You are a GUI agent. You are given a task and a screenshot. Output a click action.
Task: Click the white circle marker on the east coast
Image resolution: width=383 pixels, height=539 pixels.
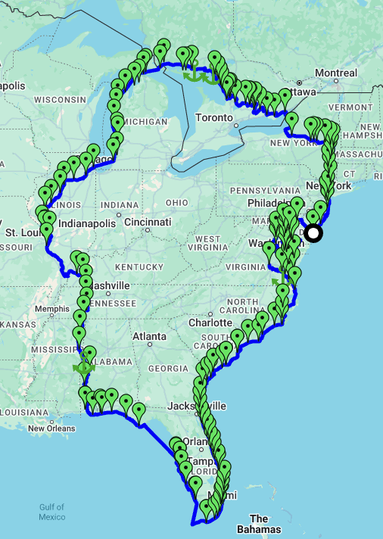313,233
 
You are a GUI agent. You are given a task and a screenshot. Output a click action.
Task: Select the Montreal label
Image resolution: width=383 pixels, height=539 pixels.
335,73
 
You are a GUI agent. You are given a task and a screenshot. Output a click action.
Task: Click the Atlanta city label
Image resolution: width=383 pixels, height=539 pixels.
149,336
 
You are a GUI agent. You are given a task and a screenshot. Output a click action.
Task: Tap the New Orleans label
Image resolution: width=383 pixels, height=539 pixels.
51,428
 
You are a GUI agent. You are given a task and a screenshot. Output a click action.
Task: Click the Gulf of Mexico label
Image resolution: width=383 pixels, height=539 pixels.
51,512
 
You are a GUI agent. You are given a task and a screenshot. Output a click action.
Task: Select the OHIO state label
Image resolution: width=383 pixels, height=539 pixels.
176,203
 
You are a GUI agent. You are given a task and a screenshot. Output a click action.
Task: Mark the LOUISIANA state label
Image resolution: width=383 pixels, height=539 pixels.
24,412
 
